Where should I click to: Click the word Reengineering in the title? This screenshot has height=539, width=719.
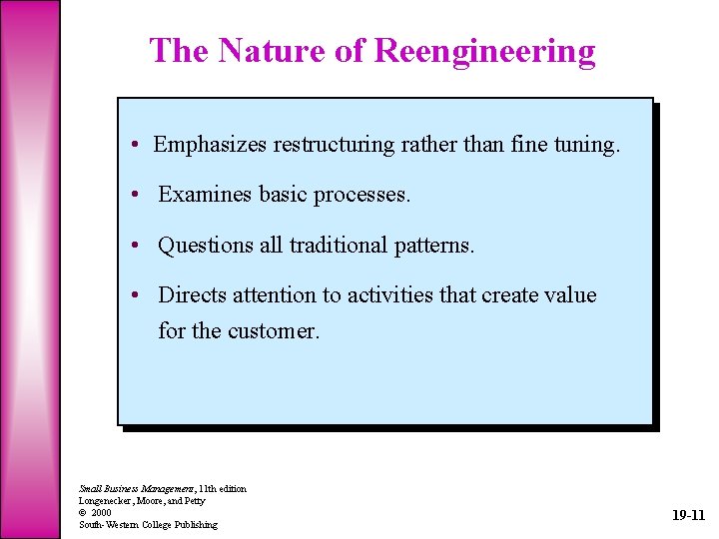click(484, 50)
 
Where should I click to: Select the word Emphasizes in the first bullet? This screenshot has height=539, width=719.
click(210, 145)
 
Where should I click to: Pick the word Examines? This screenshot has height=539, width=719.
click(206, 195)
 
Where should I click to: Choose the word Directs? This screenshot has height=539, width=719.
click(193, 295)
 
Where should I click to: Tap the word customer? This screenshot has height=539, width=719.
click(274, 330)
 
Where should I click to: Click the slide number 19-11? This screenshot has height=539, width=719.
click(688, 516)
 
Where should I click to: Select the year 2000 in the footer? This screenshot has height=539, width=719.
click(101, 512)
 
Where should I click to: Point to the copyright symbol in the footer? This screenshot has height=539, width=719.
click(83, 512)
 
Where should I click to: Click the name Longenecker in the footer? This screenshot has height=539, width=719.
click(103, 500)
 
